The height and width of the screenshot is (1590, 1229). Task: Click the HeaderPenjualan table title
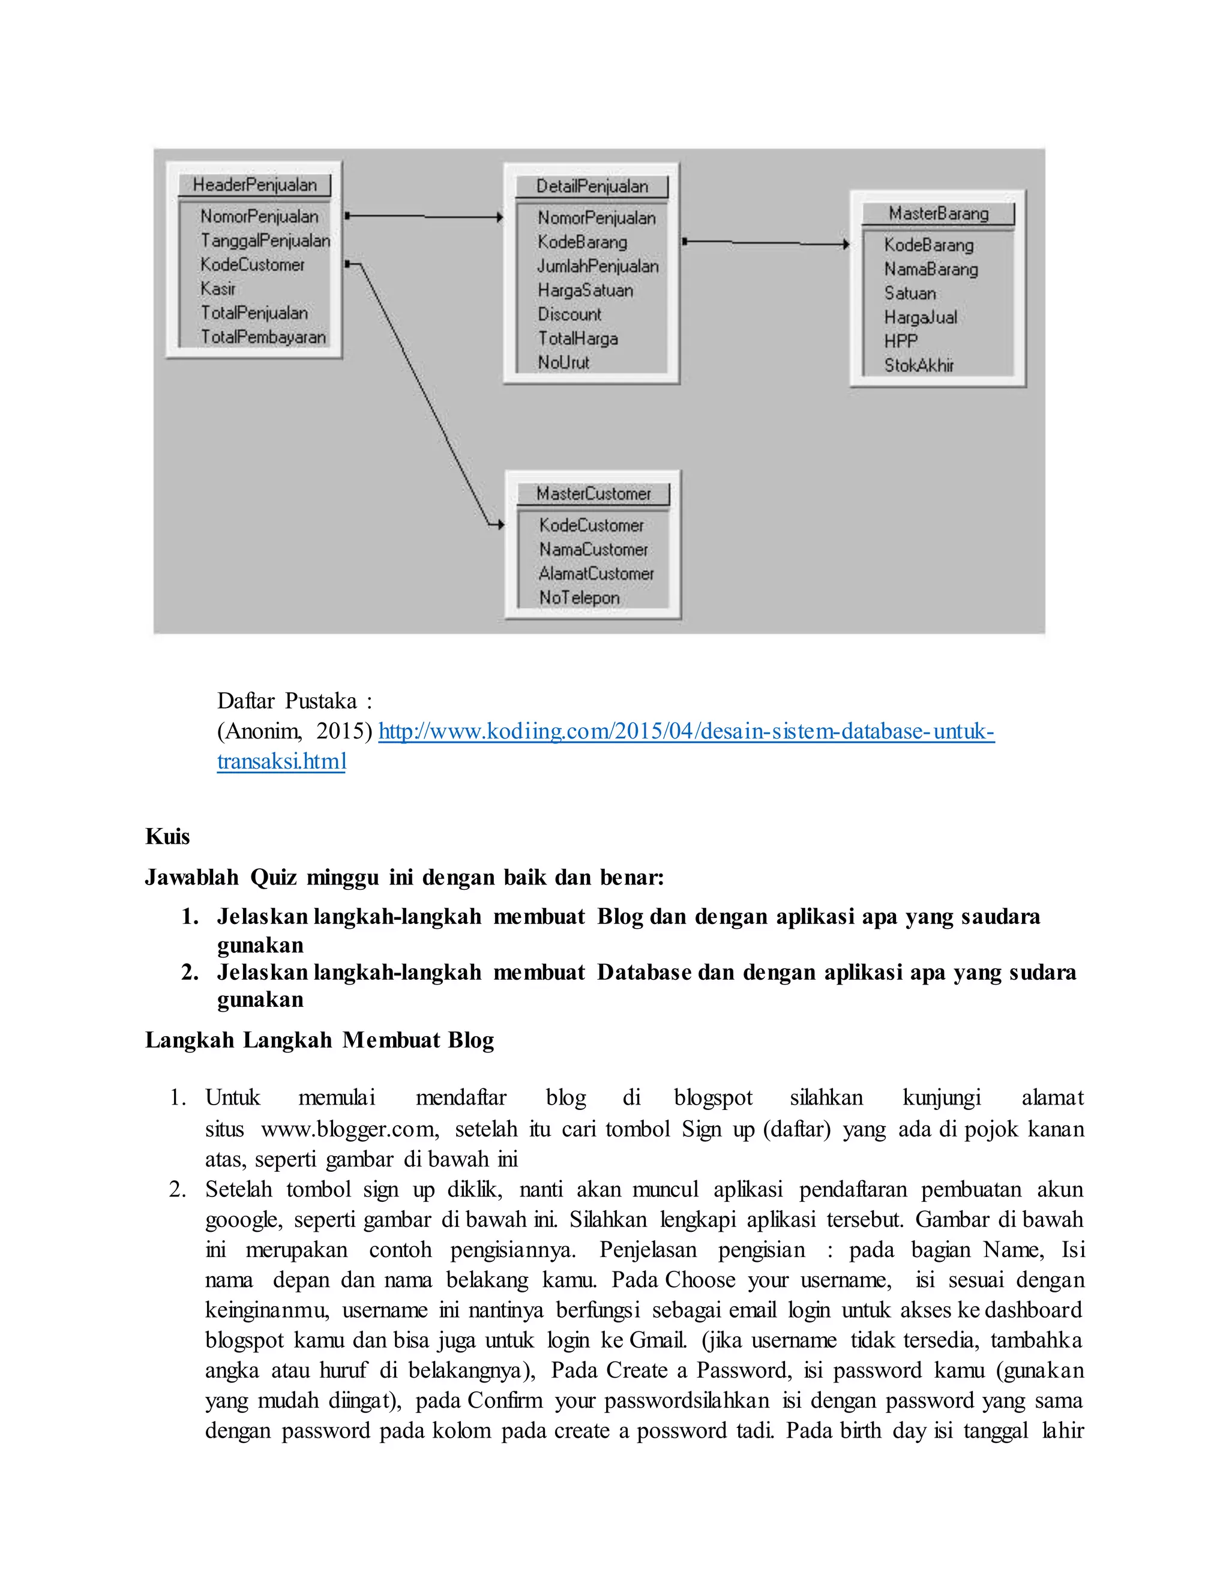tap(254, 185)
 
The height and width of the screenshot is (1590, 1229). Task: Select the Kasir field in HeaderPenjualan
tap(218, 289)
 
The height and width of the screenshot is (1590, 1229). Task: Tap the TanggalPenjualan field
tap(265, 241)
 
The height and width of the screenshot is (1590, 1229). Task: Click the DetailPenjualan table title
tap(591, 187)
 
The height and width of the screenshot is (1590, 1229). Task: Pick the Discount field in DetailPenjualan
tap(569, 314)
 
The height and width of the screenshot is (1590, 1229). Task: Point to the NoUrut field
tap(563, 362)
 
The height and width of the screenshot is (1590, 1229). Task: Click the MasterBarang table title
tap(938, 214)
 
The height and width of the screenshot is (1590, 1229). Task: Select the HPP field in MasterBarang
tap(901, 341)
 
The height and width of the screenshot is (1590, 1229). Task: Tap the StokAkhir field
tap(918, 365)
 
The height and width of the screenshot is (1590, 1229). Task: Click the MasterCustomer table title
tap(593, 494)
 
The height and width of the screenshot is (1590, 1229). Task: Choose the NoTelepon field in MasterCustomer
tap(579, 598)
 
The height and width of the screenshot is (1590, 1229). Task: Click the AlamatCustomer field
tap(596, 574)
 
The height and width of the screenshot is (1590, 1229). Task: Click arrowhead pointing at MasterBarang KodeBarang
tap(846, 245)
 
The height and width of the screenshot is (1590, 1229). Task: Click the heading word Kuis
tap(167, 836)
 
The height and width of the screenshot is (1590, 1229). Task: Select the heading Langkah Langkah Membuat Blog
tap(320, 1040)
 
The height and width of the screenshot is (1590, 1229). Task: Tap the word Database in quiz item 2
tap(644, 973)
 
